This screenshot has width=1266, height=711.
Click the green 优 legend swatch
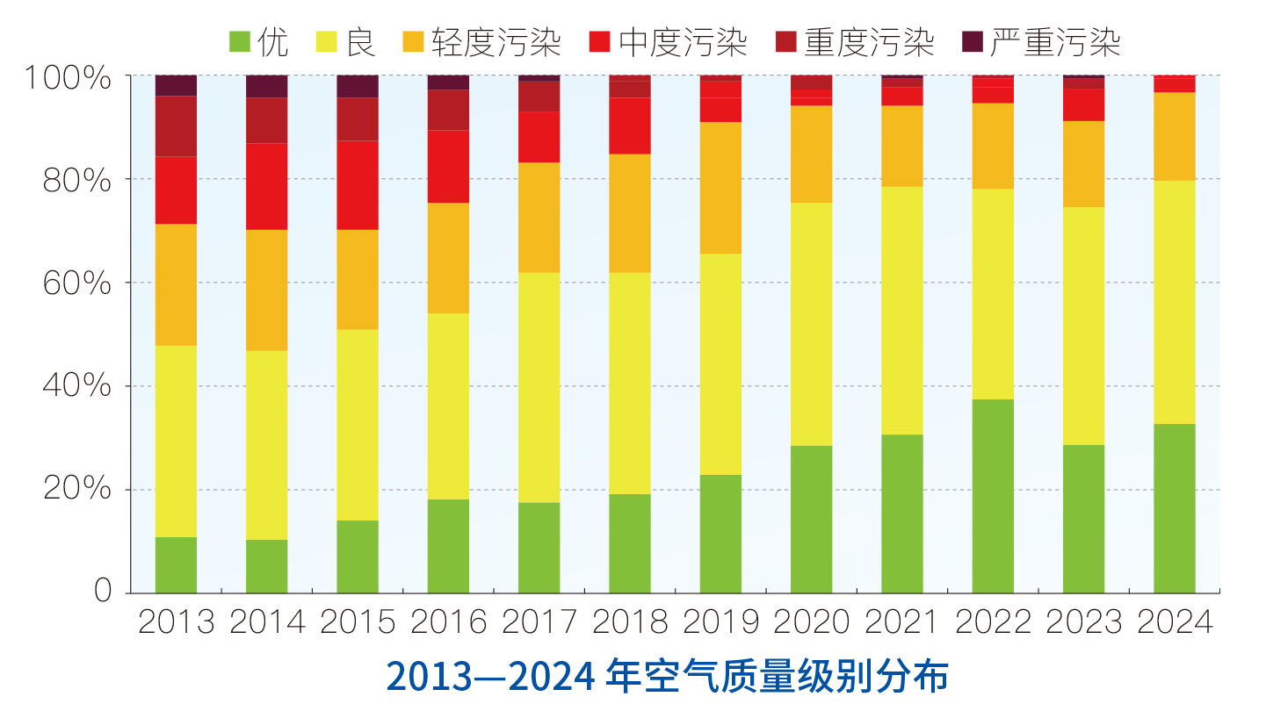[240, 41]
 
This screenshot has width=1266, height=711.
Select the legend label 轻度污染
[496, 41]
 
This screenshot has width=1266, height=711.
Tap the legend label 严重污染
[1054, 41]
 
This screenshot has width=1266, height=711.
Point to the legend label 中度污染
[683, 41]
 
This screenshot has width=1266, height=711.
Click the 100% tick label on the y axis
[69, 78]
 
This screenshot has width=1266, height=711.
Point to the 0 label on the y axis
[104, 591]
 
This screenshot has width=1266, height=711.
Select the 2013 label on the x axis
[177, 622]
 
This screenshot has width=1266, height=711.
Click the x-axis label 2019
[720, 622]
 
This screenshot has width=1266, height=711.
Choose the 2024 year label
[1175, 622]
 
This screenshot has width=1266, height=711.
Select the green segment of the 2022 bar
[993, 496]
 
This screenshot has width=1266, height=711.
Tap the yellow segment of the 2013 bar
[176, 441]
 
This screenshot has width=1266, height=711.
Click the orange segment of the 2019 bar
[720, 188]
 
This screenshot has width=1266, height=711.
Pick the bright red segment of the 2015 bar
[358, 185]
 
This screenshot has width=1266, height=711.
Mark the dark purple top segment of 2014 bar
[266, 86]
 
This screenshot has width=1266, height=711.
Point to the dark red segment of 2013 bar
[176, 126]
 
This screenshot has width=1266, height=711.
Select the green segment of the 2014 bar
[266, 566]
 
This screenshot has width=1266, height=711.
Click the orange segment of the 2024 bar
[1175, 136]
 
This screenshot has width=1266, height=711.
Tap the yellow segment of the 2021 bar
[902, 310]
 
